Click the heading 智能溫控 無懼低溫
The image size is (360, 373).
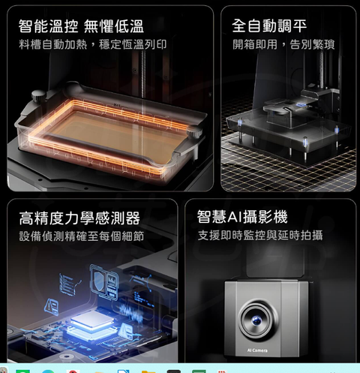pos(81,26)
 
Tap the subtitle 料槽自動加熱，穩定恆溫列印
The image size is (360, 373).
pos(92,44)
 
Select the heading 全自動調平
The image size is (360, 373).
pos(269,26)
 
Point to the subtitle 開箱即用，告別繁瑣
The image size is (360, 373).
pos(283,44)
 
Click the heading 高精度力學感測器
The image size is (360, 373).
pos(79,218)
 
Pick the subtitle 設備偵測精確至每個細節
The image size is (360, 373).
pos(82,236)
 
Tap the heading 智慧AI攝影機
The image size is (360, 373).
pos(242,217)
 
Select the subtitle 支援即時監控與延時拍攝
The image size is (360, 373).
pos(260,236)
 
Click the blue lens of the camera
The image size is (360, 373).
pos(256,320)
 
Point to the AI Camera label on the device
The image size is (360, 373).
pos(257,350)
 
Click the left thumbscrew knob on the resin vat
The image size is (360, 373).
pos(38,96)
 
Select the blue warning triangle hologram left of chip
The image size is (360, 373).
pos(52,306)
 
